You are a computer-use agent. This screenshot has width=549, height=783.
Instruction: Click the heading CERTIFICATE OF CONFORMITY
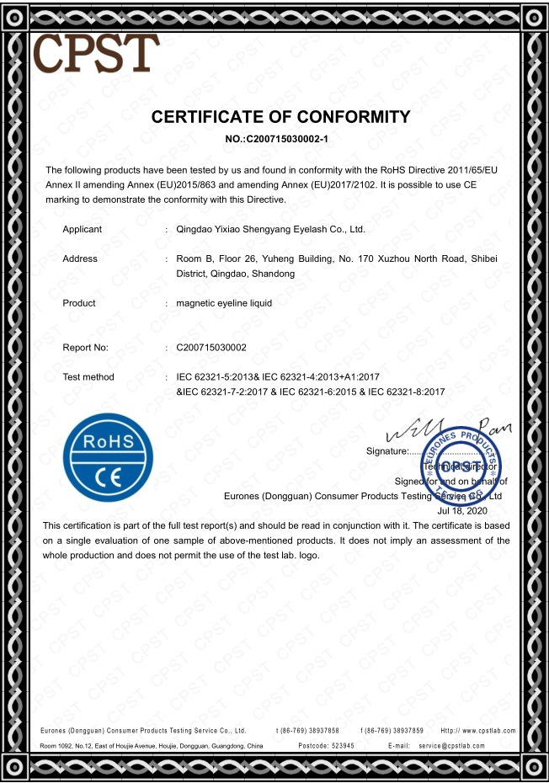pos(280,117)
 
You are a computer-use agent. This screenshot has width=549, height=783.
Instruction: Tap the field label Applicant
pos(82,229)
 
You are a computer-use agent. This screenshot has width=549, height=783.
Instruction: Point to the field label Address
pos(80,259)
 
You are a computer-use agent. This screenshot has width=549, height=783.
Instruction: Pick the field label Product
pos(79,303)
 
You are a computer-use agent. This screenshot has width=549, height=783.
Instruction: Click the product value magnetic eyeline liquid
pos(224,303)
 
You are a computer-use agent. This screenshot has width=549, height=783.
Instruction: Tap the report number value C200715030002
pos(211,347)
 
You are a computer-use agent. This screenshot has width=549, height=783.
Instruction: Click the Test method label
pos(88,376)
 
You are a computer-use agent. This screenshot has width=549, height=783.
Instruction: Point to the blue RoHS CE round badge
pos(108,457)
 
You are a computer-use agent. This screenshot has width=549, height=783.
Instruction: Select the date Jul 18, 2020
pos(463,510)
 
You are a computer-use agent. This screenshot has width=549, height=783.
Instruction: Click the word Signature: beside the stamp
pos(386,452)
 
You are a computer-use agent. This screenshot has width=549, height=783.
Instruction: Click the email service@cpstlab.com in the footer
pos(466,746)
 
